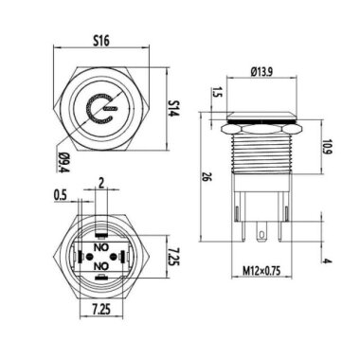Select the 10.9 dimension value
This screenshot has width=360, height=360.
pyautogui.click(x=325, y=149)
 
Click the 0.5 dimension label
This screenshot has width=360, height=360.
pyautogui.click(x=59, y=196)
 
